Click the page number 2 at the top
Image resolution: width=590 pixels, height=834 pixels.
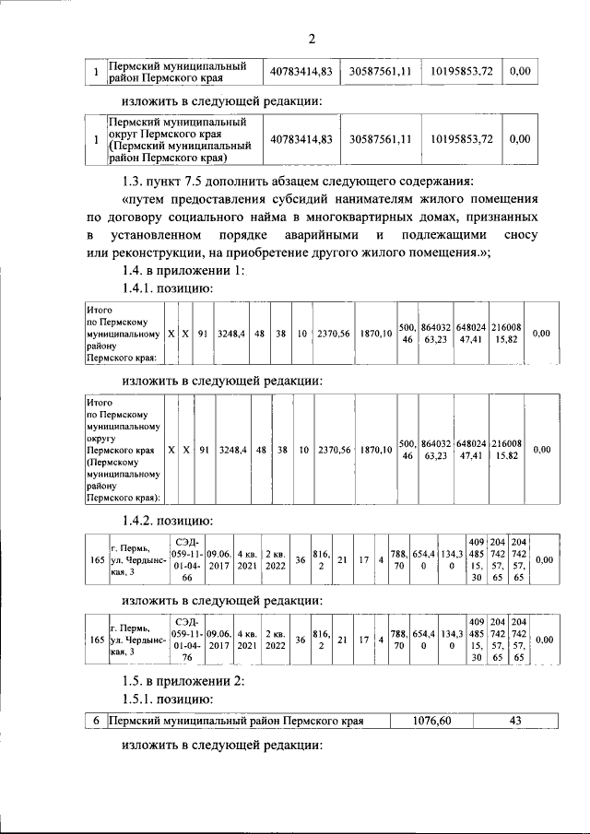pyautogui.click(x=312, y=38)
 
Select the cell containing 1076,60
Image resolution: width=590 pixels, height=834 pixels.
pyautogui.click(x=431, y=721)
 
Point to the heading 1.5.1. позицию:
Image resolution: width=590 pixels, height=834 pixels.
pyautogui.click(x=168, y=699)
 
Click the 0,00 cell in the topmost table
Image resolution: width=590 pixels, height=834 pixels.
pyautogui.click(x=520, y=70)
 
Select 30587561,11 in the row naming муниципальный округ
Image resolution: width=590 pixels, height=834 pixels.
pyautogui.click(x=380, y=139)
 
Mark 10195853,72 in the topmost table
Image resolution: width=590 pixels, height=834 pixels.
pyautogui.click(x=461, y=70)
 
